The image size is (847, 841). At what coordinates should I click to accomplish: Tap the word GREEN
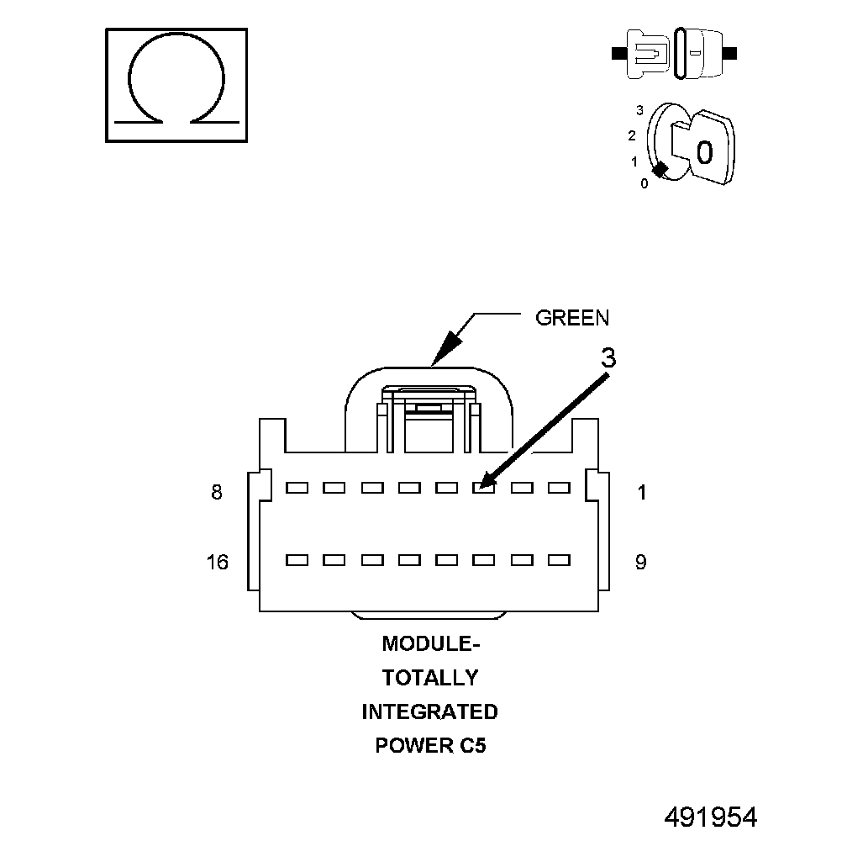point(572,318)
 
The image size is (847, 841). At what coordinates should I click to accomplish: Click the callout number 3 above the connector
point(608,358)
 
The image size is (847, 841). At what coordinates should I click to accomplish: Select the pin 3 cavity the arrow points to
point(482,487)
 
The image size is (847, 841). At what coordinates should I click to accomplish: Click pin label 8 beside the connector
point(217,493)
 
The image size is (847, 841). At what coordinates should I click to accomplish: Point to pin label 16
point(217,562)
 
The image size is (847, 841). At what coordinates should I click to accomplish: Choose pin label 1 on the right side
point(642,493)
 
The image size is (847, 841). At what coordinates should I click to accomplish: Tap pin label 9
point(640,562)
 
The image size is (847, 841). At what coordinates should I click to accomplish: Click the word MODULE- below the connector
point(430,644)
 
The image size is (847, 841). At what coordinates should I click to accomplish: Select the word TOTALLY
point(430,678)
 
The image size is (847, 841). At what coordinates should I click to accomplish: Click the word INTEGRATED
point(429,712)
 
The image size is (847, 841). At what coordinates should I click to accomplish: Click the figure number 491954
point(711,817)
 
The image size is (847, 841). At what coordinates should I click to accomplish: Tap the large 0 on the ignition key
point(704,152)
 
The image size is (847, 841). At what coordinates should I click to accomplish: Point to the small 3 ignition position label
point(640,110)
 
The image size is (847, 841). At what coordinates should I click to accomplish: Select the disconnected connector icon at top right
point(676,53)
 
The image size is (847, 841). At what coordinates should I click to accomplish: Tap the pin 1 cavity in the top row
point(559,487)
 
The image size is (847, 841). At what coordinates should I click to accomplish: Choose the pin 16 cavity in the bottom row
point(297,559)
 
